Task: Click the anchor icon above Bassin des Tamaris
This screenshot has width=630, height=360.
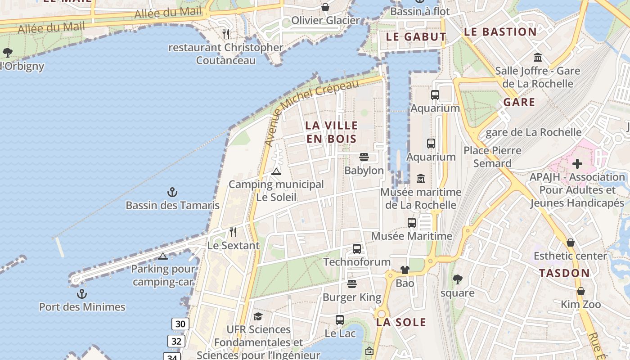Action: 172,193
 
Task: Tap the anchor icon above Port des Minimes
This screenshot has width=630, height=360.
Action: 82,294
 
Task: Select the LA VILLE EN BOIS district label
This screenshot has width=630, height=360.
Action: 332,132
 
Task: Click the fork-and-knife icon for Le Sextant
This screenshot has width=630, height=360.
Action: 233,232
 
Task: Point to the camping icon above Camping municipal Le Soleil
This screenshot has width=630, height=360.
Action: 276,171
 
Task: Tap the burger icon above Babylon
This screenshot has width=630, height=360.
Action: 364,157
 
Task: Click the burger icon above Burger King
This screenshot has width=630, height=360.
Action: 352,284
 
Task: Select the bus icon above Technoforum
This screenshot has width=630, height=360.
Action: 357,248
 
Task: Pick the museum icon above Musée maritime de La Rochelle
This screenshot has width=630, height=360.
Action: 421,179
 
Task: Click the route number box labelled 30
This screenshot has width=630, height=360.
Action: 180,324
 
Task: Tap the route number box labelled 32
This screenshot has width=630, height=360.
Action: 176,341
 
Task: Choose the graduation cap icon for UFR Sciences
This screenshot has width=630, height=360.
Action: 258,316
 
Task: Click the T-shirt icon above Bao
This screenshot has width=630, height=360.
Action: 405,270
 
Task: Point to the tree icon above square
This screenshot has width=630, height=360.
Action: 458,279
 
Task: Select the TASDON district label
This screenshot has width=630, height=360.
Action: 564,273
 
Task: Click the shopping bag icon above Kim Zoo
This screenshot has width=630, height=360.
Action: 581,291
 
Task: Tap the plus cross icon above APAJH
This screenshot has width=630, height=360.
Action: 577,164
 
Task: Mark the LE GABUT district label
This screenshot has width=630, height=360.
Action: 416,37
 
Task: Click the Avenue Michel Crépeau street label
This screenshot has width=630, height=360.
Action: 311,112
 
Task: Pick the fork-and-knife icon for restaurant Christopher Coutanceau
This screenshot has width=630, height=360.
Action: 226,34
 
